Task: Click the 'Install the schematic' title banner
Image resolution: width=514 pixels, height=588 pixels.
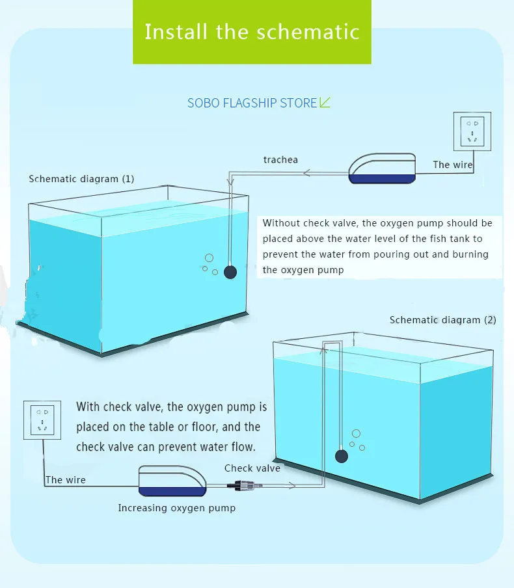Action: [252, 32]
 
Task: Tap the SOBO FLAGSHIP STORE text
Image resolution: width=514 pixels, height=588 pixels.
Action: [252, 103]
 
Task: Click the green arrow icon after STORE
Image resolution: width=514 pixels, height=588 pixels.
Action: [325, 102]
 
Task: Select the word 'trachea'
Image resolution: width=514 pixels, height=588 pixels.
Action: [280, 160]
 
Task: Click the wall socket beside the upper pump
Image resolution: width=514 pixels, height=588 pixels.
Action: [472, 131]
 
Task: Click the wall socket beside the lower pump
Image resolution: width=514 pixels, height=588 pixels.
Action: [42, 420]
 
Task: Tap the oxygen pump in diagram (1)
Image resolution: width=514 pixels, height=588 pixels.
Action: [382, 168]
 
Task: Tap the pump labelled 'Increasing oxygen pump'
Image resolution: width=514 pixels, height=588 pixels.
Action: [172, 481]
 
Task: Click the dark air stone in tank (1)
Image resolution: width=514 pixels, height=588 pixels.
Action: [230, 272]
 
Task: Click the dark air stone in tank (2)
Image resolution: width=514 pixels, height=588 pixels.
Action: [342, 456]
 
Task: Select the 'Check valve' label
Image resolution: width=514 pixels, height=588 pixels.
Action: [252, 468]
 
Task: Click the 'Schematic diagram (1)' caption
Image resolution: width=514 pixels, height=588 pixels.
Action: [81, 179]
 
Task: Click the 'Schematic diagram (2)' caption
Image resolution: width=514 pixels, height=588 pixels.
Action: [442, 320]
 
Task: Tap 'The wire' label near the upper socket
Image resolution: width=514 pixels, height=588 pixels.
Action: [452, 165]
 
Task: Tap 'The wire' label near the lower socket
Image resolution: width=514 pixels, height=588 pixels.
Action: [66, 480]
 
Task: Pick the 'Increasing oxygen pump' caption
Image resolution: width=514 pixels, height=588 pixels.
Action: [177, 508]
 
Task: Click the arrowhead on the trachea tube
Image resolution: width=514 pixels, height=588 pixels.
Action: [306, 173]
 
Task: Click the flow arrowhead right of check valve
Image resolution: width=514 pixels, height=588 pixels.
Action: [292, 486]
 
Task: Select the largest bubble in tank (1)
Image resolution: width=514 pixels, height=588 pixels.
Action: [210, 258]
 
